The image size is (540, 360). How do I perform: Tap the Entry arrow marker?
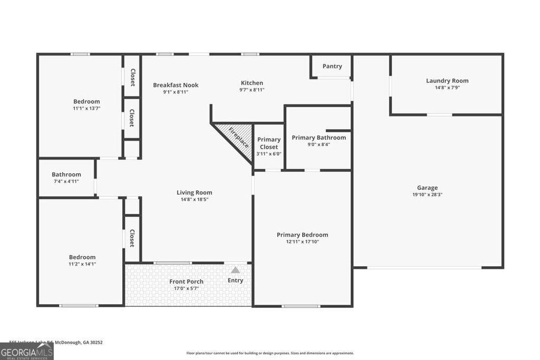[235, 270]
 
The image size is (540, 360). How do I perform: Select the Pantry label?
[332, 66]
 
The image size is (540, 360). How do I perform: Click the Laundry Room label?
[447, 81]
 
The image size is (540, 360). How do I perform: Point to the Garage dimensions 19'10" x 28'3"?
[427, 194]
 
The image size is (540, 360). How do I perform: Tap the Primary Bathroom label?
[319, 138]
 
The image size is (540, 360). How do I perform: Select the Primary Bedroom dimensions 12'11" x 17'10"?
[302, 241]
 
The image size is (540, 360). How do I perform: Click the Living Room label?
[194, 192]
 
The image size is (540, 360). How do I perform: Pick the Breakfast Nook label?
[176, 85]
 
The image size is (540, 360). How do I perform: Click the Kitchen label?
[252, 83]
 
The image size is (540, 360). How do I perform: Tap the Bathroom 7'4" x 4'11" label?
[66, 174]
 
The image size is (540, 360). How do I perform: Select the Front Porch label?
[186, 281]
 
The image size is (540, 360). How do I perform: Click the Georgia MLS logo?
[26, 352]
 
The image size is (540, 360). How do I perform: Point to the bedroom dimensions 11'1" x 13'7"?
[86, 108]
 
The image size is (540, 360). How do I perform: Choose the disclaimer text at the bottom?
[270, 353]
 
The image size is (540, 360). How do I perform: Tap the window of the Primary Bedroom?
[301, 306]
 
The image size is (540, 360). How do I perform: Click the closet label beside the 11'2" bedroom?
[132, 238]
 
